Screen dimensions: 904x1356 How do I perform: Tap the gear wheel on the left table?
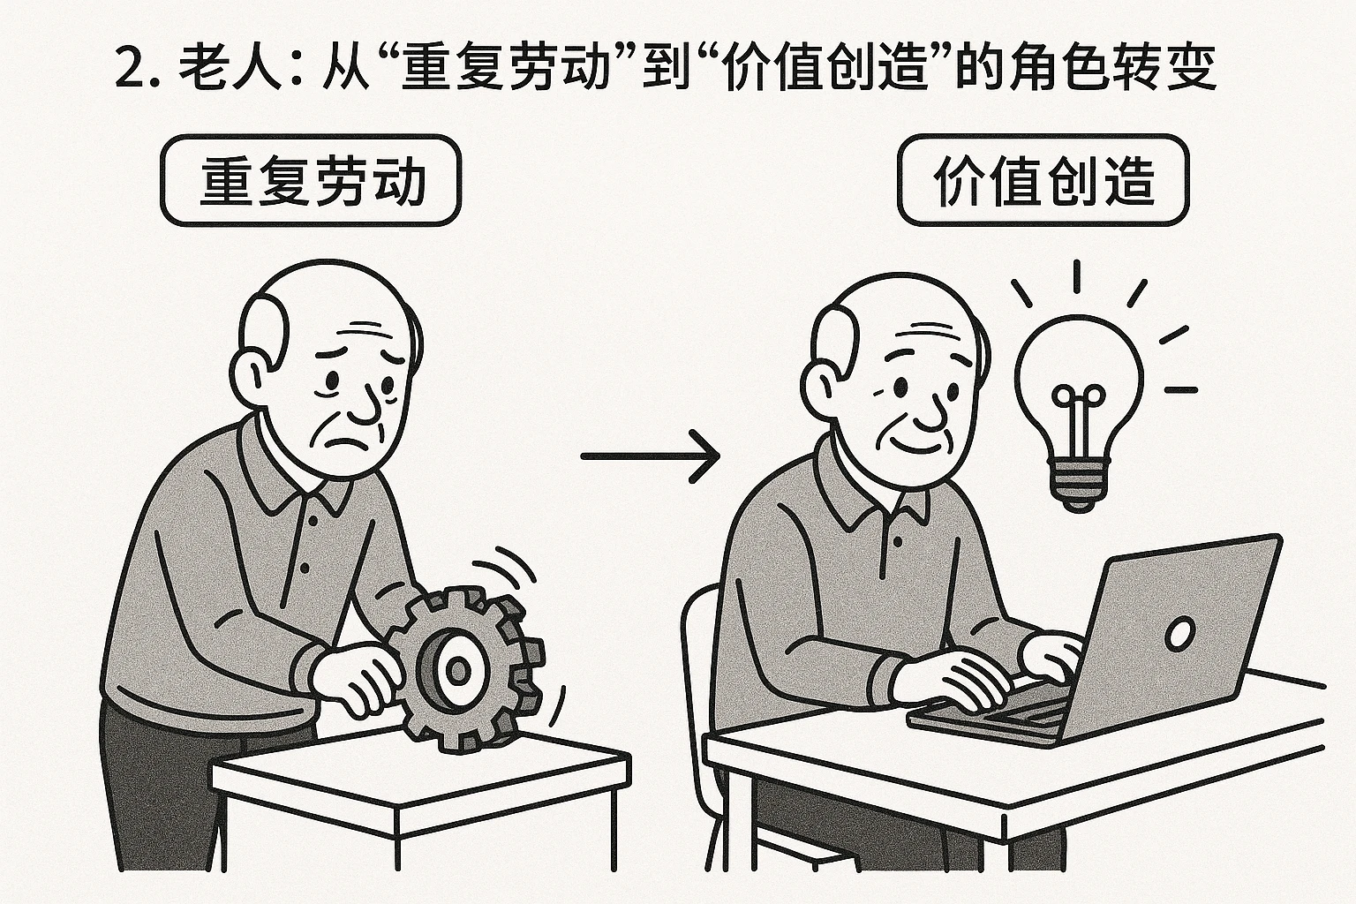pos(468,671)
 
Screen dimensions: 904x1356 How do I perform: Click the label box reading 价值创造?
pos(1043,181)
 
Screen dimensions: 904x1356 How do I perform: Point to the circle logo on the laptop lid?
pos(1179,632)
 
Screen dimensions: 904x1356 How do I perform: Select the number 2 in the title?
pos(130,69)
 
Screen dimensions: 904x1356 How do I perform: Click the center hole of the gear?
pos(459,671)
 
